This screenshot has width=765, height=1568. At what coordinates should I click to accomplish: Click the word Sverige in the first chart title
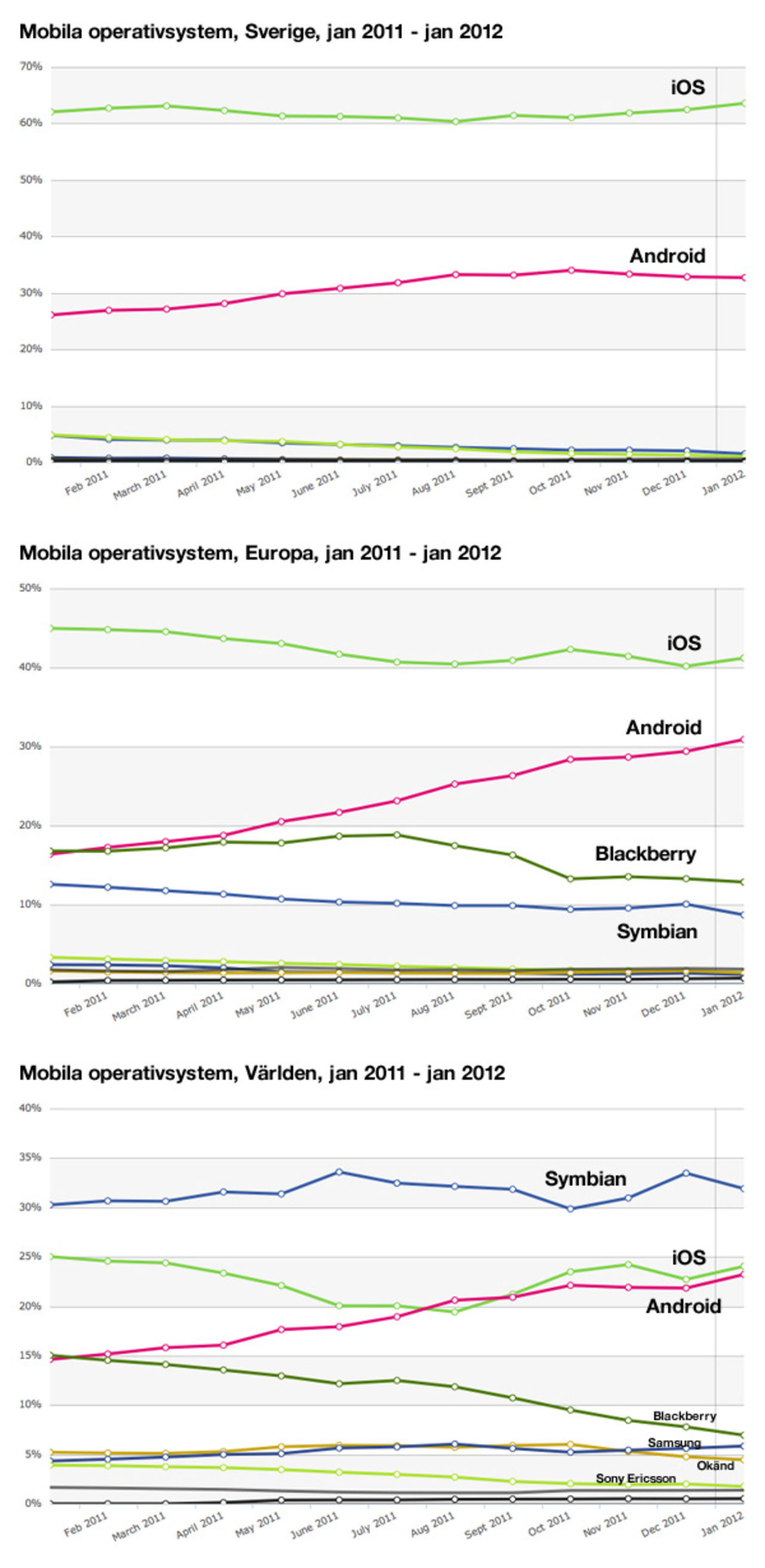[x=279, y=32]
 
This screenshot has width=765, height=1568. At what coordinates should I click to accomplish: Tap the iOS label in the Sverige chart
[x=688, y=87]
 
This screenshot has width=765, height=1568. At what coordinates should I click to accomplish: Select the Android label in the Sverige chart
[x=668, y=256]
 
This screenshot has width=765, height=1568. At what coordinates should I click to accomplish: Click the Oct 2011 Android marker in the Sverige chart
[x=571, y=269]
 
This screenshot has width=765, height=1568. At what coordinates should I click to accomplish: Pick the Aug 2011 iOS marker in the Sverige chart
[x=455, y=122]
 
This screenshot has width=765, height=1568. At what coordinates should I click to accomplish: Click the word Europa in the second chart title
[x=279, y=553]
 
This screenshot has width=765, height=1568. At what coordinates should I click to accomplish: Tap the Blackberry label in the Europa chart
[x=645, y=853]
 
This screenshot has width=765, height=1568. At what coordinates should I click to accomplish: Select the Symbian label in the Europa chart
[x=657, y=932]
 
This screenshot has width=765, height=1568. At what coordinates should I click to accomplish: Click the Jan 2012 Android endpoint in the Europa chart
[x=742, y=739]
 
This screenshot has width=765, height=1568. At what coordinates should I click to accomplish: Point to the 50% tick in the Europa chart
[x=30, y=588]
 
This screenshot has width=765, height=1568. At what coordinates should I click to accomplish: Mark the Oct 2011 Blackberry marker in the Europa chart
[x=570, y=878]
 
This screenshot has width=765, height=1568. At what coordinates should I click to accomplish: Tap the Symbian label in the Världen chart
[x=585, y=1178]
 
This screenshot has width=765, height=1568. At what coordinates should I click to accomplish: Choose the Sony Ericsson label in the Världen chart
[x=635, y=1478]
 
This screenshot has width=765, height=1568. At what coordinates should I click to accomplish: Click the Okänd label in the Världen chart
[x=715, y=1466]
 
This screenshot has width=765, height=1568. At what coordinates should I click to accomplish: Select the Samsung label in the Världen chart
[x=674, y=1443]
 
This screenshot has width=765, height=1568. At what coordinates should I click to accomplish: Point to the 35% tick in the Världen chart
[x=30, y=1157]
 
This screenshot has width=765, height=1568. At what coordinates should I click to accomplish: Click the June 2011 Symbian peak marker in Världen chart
[x=339, y=1171]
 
